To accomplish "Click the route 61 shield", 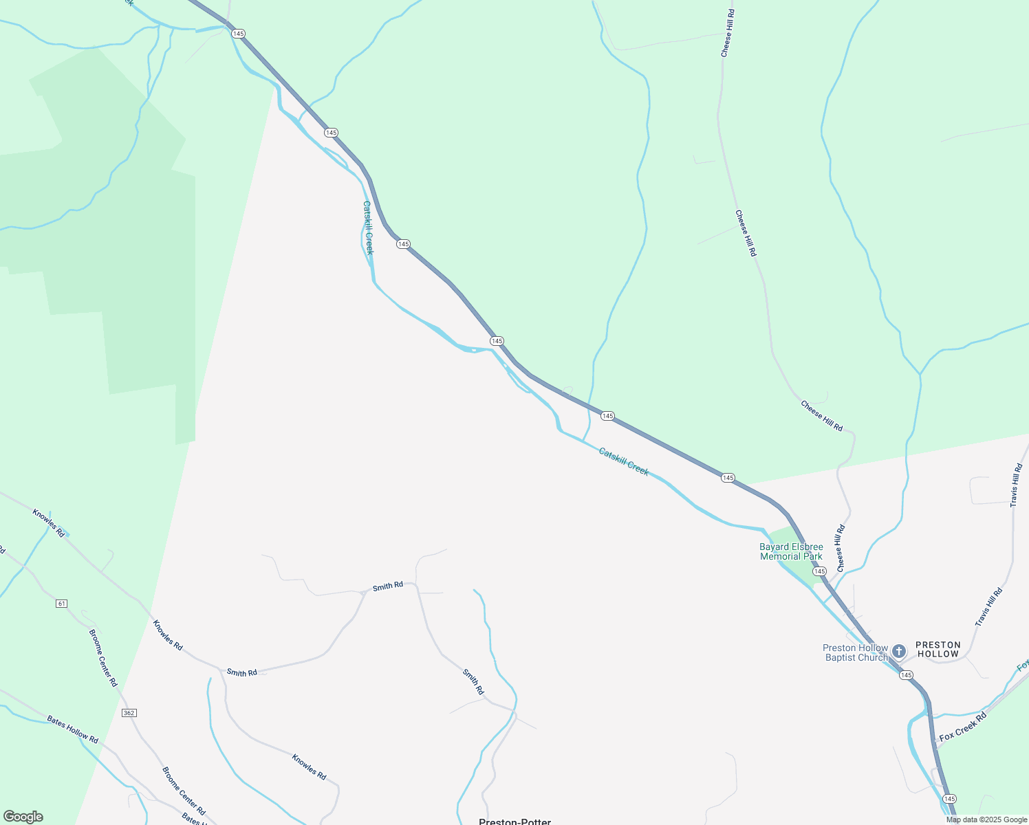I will pyautogui.click(x=62, y=604).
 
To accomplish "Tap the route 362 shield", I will pyautogui.click(x=129, y=713).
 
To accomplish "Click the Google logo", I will pyautogui.click(x=23, y=817).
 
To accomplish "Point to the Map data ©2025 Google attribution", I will pyautogui.click(x=986, y=819).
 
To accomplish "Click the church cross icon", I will pyautogui.click(x=899, y=651).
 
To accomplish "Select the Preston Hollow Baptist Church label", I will pyautogui.click(x=856, y=652).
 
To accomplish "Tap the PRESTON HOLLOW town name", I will pyautogui.click(x=938, y=650).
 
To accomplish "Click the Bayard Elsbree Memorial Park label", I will pyautogui.click(x=791, y=552).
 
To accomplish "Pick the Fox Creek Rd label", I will pyautogui.click(x=963, y=726).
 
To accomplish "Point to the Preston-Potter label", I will pyautogui.click(x=514, y=821).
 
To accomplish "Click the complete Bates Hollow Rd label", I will pyautogui.click(x=72, y=730).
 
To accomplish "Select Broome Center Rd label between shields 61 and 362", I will pyautogui.click(x=103, y=657).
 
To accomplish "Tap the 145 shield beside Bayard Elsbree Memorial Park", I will pyautogui.click(x=819, y=571).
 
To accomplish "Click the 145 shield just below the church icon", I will pyautogui.click(x=906, y=675).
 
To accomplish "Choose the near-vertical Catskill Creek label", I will pyautogui.click(x=368, y=228).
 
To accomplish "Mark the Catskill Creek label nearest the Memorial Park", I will pyautogui.click(x=623, y=461).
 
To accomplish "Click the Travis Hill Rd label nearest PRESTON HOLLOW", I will pyautogui.click(x=989, y=606).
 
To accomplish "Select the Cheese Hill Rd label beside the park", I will pyautogui.click(x=840, y=548).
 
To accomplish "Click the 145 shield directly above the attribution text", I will pyautogui.click(x=949, y=798).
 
